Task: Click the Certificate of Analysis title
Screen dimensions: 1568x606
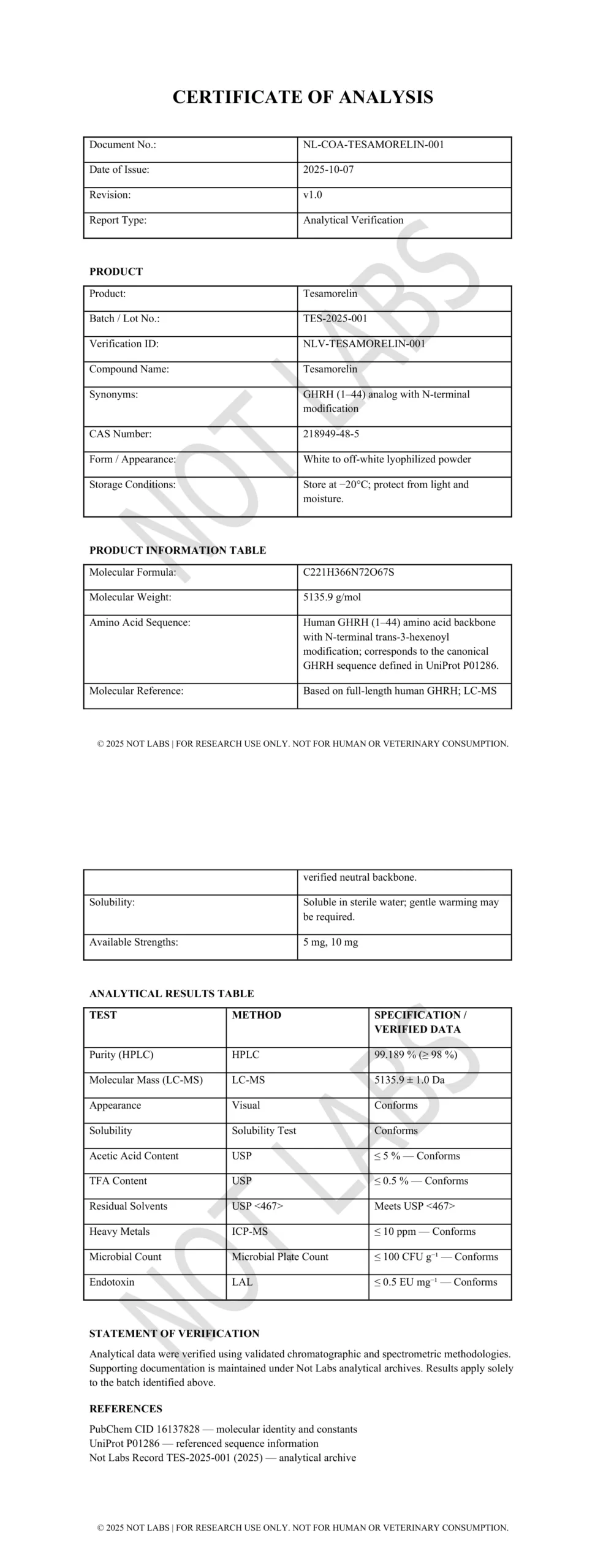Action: coord(303,97)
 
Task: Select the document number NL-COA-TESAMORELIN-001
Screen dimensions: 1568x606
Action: coord(373,145)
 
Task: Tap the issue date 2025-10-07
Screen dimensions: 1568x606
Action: coord(328,170)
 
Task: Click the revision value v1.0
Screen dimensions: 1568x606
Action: coord(312,195)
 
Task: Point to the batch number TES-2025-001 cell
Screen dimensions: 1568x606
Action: coord(335,318)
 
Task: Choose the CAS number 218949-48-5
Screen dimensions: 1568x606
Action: coord(331,434)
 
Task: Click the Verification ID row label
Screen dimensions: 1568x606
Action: coord(124,344)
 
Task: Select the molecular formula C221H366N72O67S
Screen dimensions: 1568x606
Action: coord(349,573)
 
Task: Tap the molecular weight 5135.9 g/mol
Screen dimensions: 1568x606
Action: coord(332,597)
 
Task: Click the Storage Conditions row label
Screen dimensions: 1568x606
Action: coord(132,484)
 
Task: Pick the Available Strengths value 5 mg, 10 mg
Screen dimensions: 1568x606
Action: coord(331,942)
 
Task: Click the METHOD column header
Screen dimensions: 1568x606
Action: coord(256,1015)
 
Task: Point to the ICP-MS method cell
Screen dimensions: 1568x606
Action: coord(249,1231)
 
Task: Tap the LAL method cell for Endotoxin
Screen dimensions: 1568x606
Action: coord(242,1282)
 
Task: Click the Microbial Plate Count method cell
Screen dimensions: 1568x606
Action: coord(280,1257)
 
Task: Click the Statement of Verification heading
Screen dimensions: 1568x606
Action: coord(174,1333)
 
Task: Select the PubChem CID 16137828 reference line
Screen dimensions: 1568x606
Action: coord(223,1429)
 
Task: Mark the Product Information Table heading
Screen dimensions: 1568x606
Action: coord(178,550)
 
